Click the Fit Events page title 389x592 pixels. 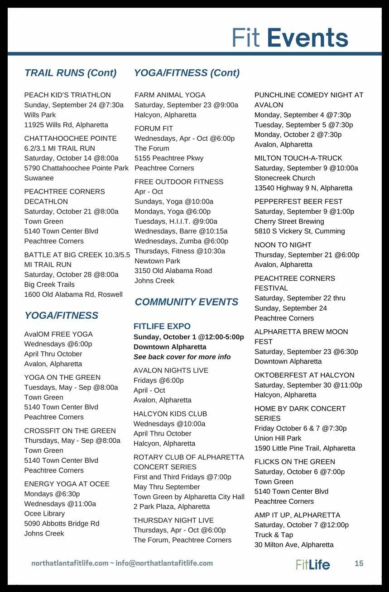[x=290, y=38]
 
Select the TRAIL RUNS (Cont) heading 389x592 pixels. [x=70, y=73]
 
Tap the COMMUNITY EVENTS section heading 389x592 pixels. [x=186, y=302]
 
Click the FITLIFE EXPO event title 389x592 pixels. [x=162, y=326]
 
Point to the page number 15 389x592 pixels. [x=359, y=564]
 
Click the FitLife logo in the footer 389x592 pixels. [x=313, y=564]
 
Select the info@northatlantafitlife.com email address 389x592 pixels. [x=164, y=563]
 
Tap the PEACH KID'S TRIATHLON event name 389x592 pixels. [x=67, y=95]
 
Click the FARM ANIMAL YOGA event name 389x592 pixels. [x=170, y=95]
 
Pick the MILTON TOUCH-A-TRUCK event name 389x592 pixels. [x=298, y=158]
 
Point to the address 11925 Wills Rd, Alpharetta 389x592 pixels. [x=66, y=125]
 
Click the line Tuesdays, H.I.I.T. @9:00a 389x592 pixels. [x=176, y=221]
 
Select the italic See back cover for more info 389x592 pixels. [x=182, y=357]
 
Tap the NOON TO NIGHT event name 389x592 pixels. [x=283, y=245]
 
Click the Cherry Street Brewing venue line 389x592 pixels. [x=289, y=221]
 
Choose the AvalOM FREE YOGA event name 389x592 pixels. [x=58, y=334]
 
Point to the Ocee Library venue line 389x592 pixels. [x=44, y=513]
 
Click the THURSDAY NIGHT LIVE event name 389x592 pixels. [x=173, y=520]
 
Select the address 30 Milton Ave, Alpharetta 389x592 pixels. [x=294, y=545]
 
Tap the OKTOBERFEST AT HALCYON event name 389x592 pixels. [x=304, y=375]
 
